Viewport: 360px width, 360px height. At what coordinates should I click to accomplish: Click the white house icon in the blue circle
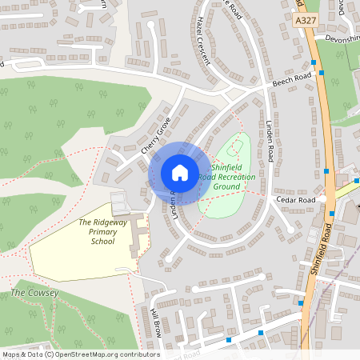pyautogui.click(x=180, y=172)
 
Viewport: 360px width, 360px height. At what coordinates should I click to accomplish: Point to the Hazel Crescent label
pyautogui.click(x=202, y=37)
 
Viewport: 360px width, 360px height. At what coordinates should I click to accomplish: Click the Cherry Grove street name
pyautogui.click(x=156, y=135)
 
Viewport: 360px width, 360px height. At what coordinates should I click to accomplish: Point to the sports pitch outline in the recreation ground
pyautogui.click(x=234, y=147)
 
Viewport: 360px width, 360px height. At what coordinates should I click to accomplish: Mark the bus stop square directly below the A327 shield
pyautogui.click(x=314, y=61)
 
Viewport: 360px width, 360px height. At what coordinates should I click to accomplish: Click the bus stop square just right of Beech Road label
pyautogui.click(x=322, y=73)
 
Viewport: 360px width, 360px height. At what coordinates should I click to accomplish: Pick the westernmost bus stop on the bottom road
pyautogui.click(x=229, y=340)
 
